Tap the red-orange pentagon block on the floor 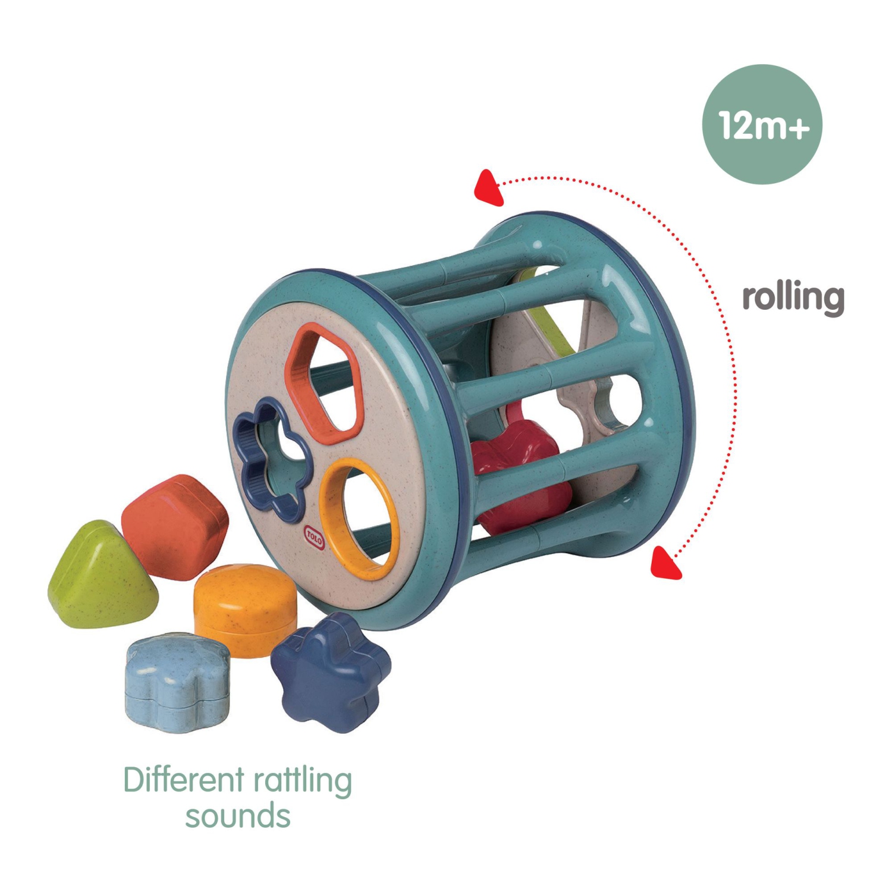tap(175, 526)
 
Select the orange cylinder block tap(245, 610)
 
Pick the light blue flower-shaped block tap(177, 681)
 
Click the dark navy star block tap(331, 672)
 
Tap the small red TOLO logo tap(314, 536)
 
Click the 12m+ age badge tap(762, 124)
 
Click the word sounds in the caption tap(237, 816)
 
